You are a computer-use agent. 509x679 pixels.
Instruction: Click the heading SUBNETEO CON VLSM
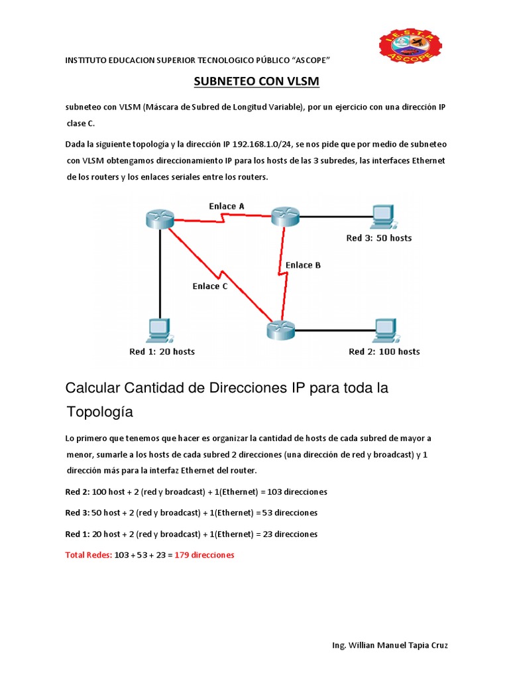pyautogui.click(x=256, y=82)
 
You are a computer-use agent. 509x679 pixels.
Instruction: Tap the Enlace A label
pyautogui.click(x=227, y=206)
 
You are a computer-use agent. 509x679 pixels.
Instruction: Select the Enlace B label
pyautogui.click(x=303, y=265)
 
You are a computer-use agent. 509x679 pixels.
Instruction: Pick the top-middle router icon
pyautogui.click(x=285, y=216)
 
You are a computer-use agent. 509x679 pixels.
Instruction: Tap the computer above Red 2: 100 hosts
pyautogui.click(x=384, y=330)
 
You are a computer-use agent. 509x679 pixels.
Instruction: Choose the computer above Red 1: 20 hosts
pyautogui.click(x=159, y=330)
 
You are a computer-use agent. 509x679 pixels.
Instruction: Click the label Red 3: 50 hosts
pyautogui.click(x=379, y=238)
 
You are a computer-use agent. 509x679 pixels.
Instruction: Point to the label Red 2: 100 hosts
pyautogui.click(x=384, y=351)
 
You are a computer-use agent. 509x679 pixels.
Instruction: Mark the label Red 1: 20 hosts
pyautogui.click(x=162, y=351)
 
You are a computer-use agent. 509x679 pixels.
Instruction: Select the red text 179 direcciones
pyautogui.click(x=204, y=555)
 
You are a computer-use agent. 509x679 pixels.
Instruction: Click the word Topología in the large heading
pyautogui.click(x=99, y=412)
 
